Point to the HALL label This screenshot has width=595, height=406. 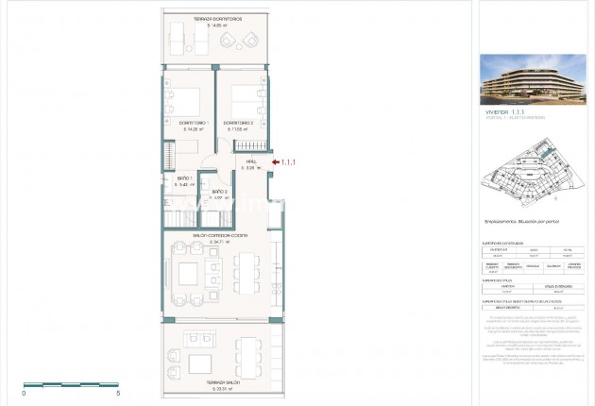point(251,161)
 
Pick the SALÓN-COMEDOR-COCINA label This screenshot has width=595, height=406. point(200,235)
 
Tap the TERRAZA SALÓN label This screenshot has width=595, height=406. point(211,382)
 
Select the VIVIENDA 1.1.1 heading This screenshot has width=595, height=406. point(507,111)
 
